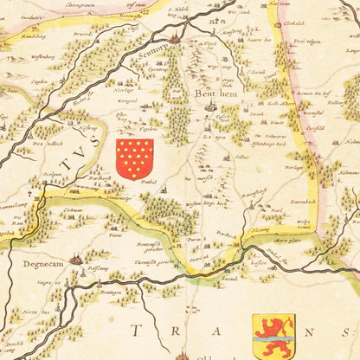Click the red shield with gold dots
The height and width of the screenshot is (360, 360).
135,158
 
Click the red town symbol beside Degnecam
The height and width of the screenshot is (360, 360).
77,257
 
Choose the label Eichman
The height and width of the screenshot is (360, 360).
73,211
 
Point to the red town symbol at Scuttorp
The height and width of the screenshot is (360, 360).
175,38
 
